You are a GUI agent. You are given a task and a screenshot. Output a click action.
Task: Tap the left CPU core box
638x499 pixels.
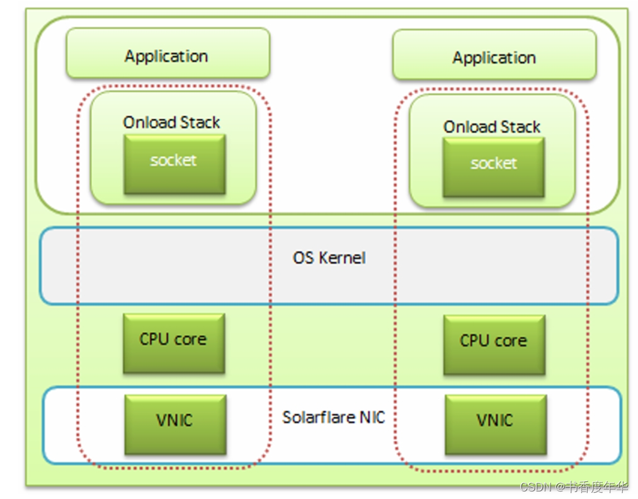[173, 342]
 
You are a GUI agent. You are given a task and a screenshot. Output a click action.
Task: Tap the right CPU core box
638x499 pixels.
[494, 344]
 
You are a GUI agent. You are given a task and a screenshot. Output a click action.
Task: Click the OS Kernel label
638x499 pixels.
[329, 258]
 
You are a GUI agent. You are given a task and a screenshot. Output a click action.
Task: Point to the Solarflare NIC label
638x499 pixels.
[333, 417]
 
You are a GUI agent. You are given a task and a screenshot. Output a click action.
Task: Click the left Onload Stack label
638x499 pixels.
[171, 122]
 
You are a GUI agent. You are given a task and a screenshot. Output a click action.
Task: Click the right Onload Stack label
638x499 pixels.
[492, 127]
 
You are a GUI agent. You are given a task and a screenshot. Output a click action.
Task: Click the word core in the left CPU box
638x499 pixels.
[190, 340]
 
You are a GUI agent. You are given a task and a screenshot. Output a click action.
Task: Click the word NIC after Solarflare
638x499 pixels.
[372, 417]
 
